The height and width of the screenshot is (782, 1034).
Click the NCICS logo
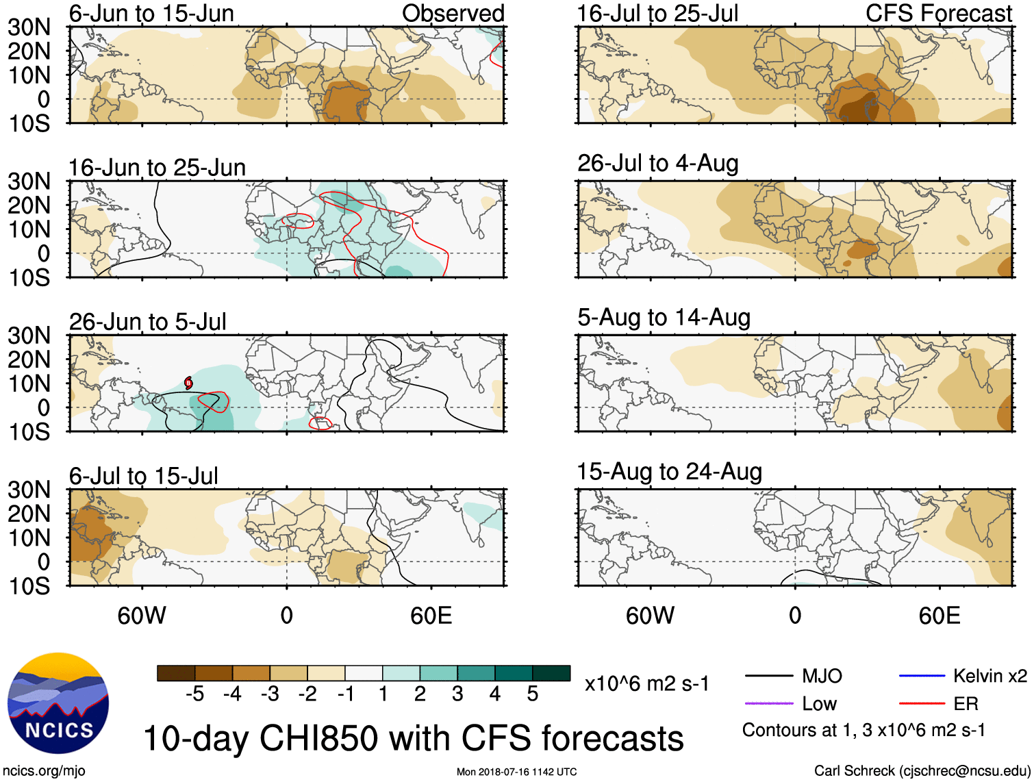pyautogui.click(x=58, y=703)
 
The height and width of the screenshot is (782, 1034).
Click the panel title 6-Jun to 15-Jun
pyautogui.click(x=151, y=13)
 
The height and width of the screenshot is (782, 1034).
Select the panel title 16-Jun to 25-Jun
pyautogui.click(x=157, y=168)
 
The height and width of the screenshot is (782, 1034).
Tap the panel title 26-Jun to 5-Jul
pyautogui.click(x=147, y=322)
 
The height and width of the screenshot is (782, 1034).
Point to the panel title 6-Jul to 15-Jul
pyautogui.click(x=143, y=476)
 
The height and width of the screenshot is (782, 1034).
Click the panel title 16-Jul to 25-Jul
pyautogui.click(x=657, y=13)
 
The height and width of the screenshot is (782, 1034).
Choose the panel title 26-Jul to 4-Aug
pyautogui.click(x=657, y=164)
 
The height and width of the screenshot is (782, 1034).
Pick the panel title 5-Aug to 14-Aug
pyautogui.click(x=664, y=318)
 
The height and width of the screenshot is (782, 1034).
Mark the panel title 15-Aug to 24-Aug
pyautogui.click(x=669, y=472)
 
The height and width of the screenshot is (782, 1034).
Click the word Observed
pyautogui.click(x=453, y=13)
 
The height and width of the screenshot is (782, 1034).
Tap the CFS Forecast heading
pyautogui.click(x=938, y=13)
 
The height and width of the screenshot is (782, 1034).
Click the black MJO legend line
pyautogui.click(x=769, y=677)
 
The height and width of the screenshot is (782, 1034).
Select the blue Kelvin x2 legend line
pyautogui.click(x=922, y=677)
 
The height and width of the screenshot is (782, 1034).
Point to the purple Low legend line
pyautogui.click(x=769, y=703)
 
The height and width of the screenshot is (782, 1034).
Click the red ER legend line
pyautogui.click(x=922, y=703)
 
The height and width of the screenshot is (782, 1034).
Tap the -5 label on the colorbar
pyautogui.click(x=194, y=694)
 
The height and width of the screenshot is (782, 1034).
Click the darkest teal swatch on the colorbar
pyautogui.click(x=551, y=673)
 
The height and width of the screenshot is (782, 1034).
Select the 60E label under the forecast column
pyautogui.click(x=939, y=616)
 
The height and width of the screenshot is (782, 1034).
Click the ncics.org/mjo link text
pyautogui.click(x=44, y=771)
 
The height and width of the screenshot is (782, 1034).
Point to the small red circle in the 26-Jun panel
pyautogui.click(x=188, y=383)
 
